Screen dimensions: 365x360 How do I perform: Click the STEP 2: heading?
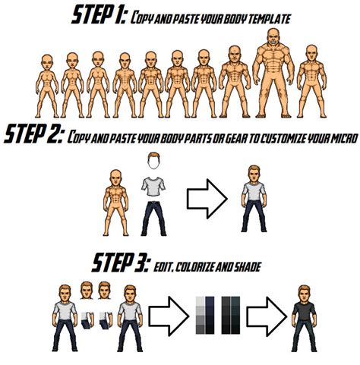click(x=33, y=136)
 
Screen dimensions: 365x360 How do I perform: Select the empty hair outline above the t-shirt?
click(x=156, y=162)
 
